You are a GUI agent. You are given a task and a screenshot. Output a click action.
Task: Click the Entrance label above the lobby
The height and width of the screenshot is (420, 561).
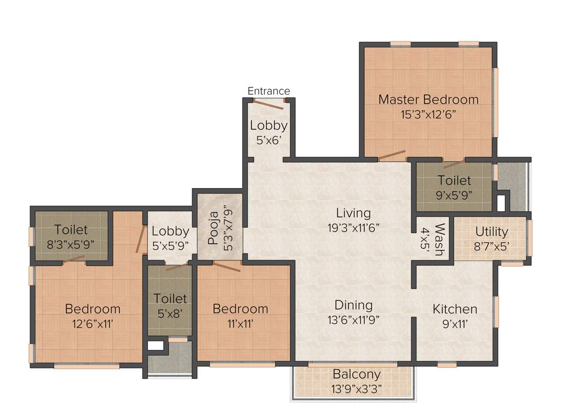pyautogui.click(x=268, y=91)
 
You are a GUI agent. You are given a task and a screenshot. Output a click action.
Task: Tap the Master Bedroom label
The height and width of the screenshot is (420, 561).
pyautogui.click(x=428, y=100)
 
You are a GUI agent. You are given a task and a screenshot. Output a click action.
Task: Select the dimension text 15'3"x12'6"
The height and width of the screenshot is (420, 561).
pyautogui.click(x=428, y=114)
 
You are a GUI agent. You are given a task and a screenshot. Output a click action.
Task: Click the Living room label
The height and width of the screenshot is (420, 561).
pyautogui.click(x=353, y=213)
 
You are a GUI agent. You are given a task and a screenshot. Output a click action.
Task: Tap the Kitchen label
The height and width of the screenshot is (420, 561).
pyautogui.click(x=455, y=309)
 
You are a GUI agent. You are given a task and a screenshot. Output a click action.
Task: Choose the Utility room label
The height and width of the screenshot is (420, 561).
pyautogui.click(x=491, y=231)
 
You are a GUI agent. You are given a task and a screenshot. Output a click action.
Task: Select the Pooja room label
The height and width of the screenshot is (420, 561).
pyautogui.click(x=214, y=230)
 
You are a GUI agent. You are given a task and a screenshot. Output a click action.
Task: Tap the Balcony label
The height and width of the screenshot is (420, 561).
pyautogui.click(x=357, y=375)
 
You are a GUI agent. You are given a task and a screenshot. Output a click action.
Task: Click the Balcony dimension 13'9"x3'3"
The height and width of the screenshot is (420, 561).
pyautogui.click(x=357, y=389)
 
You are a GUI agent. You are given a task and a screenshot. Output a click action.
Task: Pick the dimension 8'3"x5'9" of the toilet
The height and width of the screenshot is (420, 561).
pyautogui.click(x=71, y=244)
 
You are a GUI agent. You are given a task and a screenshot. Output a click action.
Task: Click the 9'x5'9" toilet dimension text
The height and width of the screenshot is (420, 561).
pyautogui.click(x=454, y=194)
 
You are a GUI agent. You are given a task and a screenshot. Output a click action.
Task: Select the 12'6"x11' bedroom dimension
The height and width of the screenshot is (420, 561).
pyautogui.click(x=93, y=323)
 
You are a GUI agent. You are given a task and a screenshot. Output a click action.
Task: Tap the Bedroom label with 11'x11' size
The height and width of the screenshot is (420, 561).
pyautogui.click(x=241, y=309)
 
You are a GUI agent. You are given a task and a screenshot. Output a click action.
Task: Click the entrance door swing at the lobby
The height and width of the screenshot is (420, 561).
pyautogui.click(x=268, y=104)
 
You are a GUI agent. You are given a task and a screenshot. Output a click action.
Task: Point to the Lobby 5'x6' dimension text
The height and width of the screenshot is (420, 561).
pyautogui.click(x=268, y=139)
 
